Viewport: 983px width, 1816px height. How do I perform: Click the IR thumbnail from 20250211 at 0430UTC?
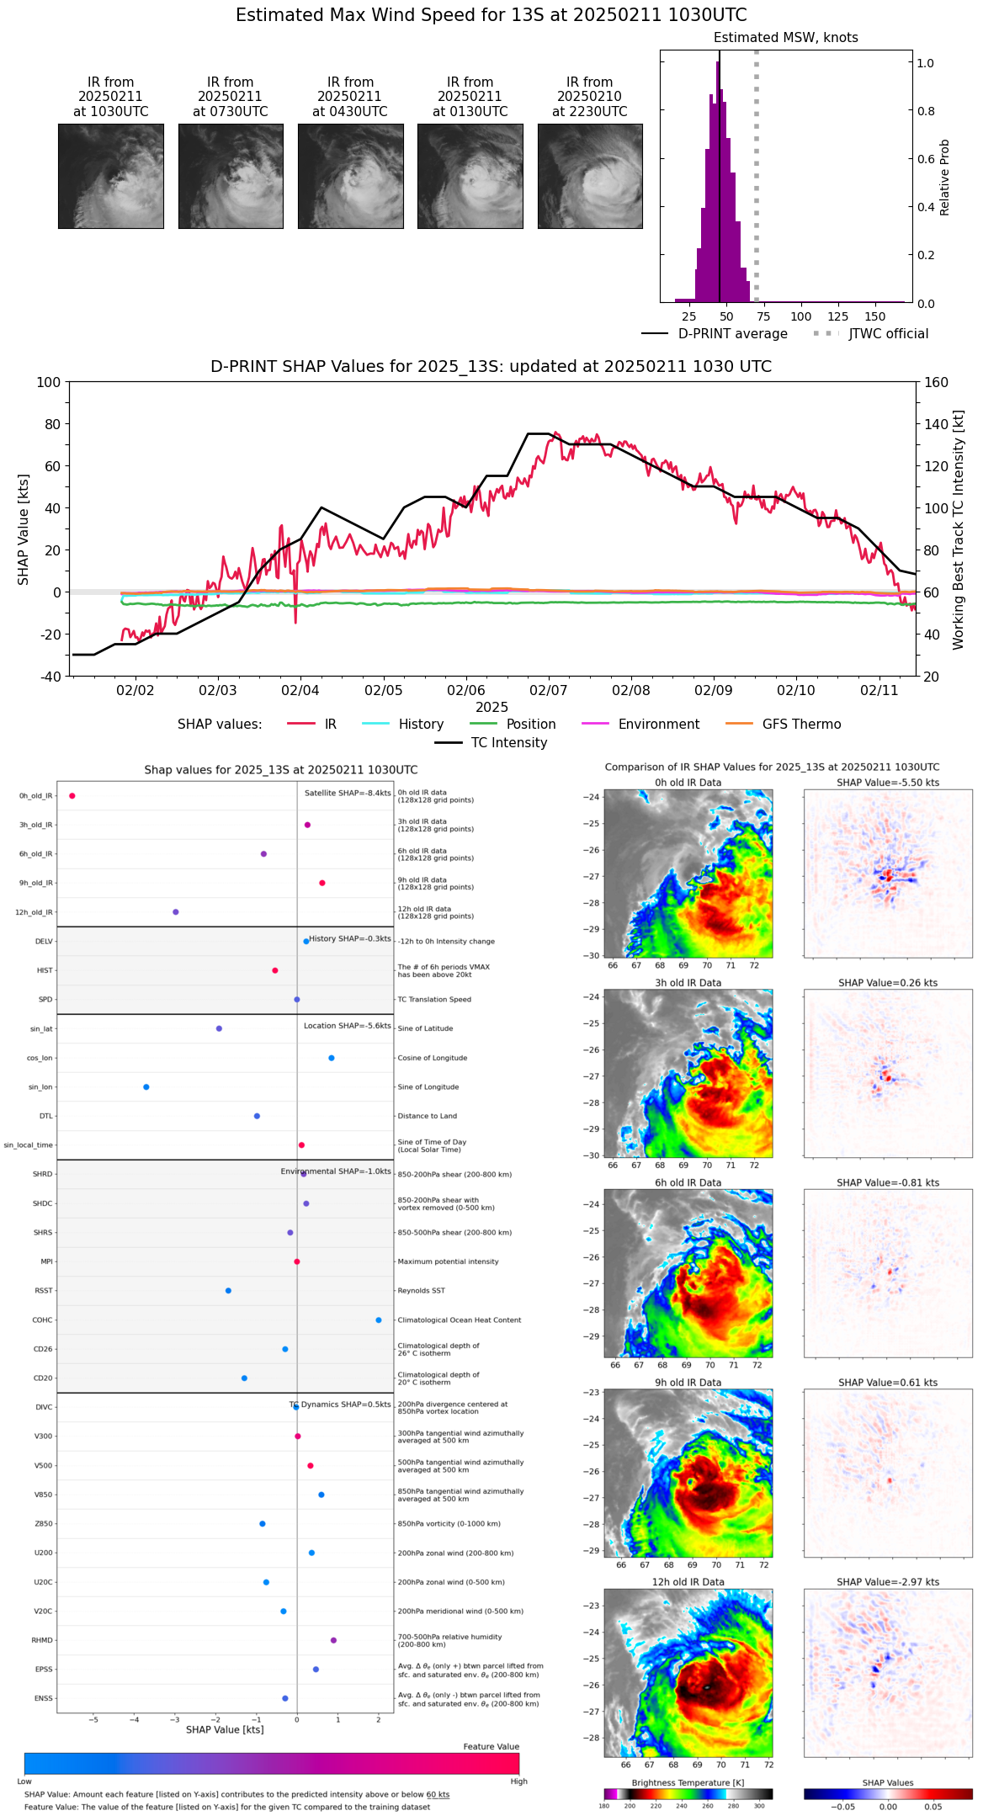click(350, 176)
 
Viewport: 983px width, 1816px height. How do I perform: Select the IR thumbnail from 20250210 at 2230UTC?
click(590, 176)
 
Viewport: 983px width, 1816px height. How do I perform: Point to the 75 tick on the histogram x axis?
click(764, 316)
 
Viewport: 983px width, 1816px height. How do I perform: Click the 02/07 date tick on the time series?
click(548, 690)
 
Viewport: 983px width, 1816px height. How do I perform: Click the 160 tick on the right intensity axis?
click(937, 382)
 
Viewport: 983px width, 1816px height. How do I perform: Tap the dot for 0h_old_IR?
click(72, 795)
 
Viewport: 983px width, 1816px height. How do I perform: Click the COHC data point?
click(379, 1320)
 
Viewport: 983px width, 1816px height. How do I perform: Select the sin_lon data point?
click(146, 1086)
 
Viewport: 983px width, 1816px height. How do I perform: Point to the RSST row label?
click(44, 1291)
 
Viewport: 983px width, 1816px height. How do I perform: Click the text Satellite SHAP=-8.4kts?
click(348, 793)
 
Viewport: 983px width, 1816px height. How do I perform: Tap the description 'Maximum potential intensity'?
click(448, 1261)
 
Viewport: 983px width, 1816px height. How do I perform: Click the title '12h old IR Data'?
click(688, 1582)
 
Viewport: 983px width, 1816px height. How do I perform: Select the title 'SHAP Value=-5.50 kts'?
click(888, 783)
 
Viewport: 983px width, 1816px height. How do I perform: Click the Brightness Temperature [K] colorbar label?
click(688, 1782)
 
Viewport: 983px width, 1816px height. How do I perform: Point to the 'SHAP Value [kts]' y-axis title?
click(24, 529)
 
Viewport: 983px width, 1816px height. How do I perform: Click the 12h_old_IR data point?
click(176, 911)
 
